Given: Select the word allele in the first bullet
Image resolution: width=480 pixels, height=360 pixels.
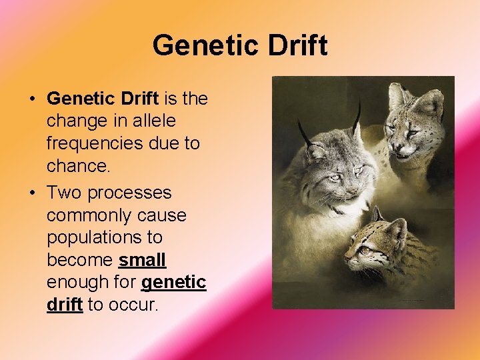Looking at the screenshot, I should click(x=154, y=121).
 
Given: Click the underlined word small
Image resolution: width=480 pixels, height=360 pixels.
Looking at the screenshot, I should click(x=142, y=259).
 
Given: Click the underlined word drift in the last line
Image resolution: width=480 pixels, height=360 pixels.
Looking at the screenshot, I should click(x=64, y=305).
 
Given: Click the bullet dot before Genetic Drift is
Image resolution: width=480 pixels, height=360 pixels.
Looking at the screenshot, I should click(x=32, y=99).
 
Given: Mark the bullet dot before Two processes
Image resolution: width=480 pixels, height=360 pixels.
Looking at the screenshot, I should click(x=32, y=193).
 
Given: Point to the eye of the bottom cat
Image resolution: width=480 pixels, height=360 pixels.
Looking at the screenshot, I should click(x=365, y=249).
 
